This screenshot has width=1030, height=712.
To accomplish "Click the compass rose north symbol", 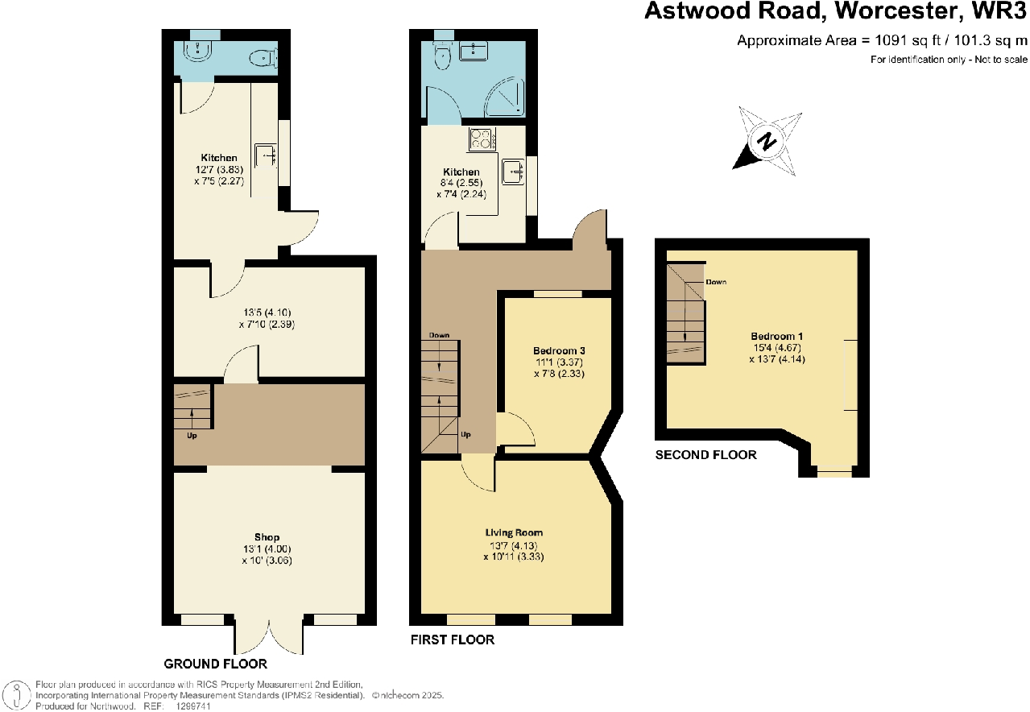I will tap(767, 143).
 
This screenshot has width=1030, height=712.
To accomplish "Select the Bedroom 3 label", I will tap(559, 351).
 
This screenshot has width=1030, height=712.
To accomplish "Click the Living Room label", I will tap(514, 532).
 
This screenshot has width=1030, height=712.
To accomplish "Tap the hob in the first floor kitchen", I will tap(481, 139).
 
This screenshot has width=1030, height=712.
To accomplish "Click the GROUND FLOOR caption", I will tap(215, 664).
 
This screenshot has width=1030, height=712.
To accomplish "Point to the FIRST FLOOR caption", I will tap(452, 640).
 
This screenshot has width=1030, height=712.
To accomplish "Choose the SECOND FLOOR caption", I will tap(705, 455).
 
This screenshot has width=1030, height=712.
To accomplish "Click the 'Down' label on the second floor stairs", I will tap(715, 283).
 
